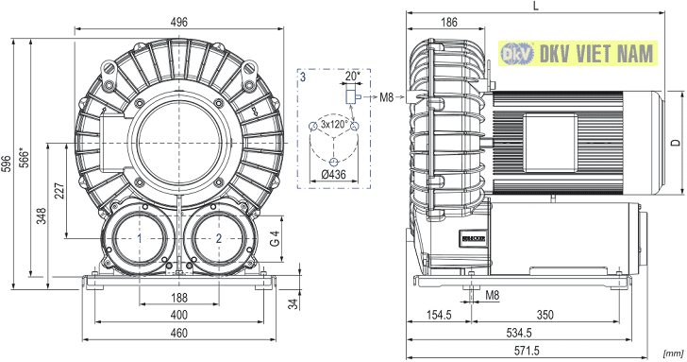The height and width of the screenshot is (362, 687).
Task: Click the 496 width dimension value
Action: (178, 22)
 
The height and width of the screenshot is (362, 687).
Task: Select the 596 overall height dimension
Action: (7, 164)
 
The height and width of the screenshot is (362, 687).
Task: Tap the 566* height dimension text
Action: (25, 158)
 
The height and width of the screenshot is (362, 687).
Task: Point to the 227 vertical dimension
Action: (59, 191)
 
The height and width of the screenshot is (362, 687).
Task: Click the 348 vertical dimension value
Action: (42, 215)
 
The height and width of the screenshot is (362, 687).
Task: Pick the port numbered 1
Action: (140, 238)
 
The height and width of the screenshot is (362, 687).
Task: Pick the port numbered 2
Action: (219, 238)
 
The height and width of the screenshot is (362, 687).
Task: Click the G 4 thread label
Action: (275, 238)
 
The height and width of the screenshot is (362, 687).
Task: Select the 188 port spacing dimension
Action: (178, 298)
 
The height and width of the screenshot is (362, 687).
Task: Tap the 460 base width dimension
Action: (178, 333)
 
